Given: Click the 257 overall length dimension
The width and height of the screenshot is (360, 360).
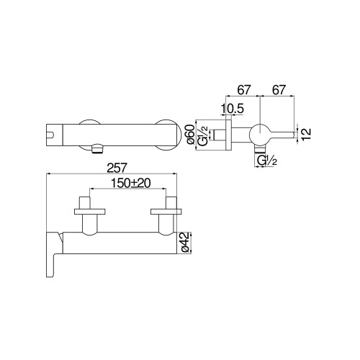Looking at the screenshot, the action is coord(116,168).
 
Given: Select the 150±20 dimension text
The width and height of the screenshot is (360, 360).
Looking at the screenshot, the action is coord(131,184).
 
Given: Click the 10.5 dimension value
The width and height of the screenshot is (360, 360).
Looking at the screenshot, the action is coord(233,109).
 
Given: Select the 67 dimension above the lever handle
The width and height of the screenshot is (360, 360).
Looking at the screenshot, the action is coord(279,90).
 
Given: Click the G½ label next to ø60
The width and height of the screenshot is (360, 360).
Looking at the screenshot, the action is coord(203,136).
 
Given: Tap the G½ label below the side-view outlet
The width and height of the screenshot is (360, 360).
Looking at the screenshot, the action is coord(267,161).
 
